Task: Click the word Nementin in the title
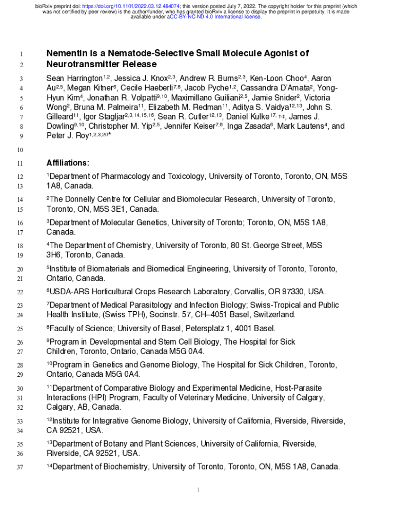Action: [67, 53]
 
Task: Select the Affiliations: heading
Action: [68, 163]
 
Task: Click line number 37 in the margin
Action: [21, 467]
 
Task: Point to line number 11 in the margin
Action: [21, 164]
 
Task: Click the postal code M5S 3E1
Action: [109, 209]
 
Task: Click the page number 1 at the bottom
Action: [198, 491]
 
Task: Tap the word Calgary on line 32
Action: [60, 407]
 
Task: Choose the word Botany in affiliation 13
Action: [126, 443]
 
